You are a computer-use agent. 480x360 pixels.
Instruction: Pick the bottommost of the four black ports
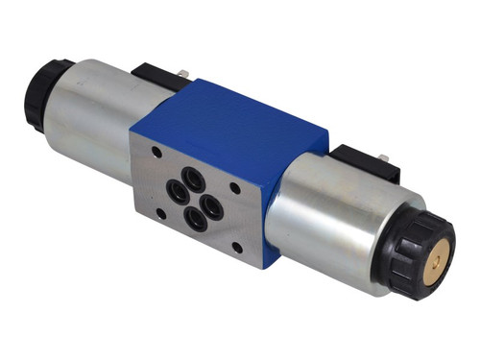196,220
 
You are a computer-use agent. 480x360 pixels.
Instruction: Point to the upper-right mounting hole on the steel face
234,189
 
